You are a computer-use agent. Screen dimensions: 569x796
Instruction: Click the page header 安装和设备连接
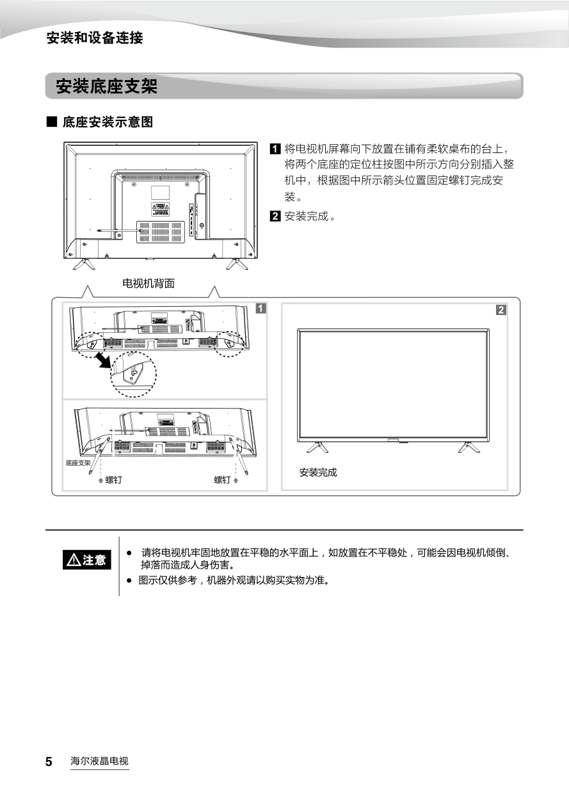pos(95,38)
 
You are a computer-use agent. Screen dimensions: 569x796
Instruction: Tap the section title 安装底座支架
pos(106,86)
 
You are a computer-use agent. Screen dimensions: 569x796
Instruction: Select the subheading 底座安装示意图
pos(108,122)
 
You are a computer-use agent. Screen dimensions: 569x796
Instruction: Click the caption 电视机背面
pos(148,283)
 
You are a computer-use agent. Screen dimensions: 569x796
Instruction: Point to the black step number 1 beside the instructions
pos(275,149)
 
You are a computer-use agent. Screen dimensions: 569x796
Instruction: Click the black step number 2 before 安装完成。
pos(275,216)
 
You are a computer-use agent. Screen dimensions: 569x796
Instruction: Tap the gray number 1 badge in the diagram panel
pos(260,309)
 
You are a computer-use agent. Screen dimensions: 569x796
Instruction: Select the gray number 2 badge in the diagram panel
pos(501,310)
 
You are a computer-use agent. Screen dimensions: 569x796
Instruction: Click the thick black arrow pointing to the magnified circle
pos(104,360)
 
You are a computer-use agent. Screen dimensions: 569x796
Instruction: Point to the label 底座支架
pos(78,463)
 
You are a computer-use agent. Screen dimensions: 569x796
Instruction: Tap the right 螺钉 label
pos(222,480)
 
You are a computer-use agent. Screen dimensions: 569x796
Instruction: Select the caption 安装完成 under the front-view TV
pos(318,472)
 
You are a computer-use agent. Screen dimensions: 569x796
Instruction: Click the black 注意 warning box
pos(87,560)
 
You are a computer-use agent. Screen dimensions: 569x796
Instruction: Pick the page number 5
pos(49,761)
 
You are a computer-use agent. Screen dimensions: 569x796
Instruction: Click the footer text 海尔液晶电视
pos(99,761)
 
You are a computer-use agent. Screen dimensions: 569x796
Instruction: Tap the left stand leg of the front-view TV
pos(317,448)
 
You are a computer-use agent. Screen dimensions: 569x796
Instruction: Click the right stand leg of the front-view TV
pos(469,448)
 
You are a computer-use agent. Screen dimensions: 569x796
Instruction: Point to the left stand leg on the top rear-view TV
pos(84,264)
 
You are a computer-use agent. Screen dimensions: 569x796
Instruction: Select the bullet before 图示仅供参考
pos(129,581)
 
